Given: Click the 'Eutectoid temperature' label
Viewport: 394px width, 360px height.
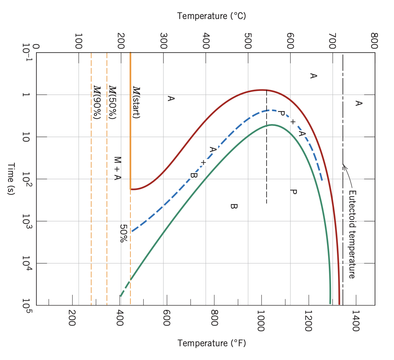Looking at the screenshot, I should click(x=352, y=234).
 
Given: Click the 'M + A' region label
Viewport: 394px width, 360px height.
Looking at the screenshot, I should click(x=117, y=169).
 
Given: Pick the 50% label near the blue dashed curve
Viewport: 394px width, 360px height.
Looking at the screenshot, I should click(x=123, y=233).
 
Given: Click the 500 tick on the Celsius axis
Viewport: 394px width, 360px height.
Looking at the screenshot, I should click(x=248, y=41).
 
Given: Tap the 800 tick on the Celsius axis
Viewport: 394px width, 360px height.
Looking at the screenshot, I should click(x=374, y=41).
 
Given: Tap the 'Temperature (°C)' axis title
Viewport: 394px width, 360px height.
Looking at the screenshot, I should click(x=211, y=16).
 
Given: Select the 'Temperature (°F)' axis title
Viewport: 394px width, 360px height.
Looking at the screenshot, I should click(x=211, y=343).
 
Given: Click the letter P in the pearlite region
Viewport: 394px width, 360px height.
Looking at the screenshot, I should click(x=293, y=192).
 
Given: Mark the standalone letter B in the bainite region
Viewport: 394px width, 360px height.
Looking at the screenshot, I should click(x=233, y=206).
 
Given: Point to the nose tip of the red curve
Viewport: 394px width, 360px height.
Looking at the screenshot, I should click(x=261, y=89).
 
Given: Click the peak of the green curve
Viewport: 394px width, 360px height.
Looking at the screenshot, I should click(x=272, y=125).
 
